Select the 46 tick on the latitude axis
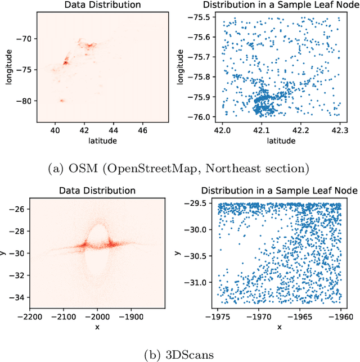pyautogui.click(x=143, y=130)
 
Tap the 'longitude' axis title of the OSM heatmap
pyautogui.click(x=7, y=66)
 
